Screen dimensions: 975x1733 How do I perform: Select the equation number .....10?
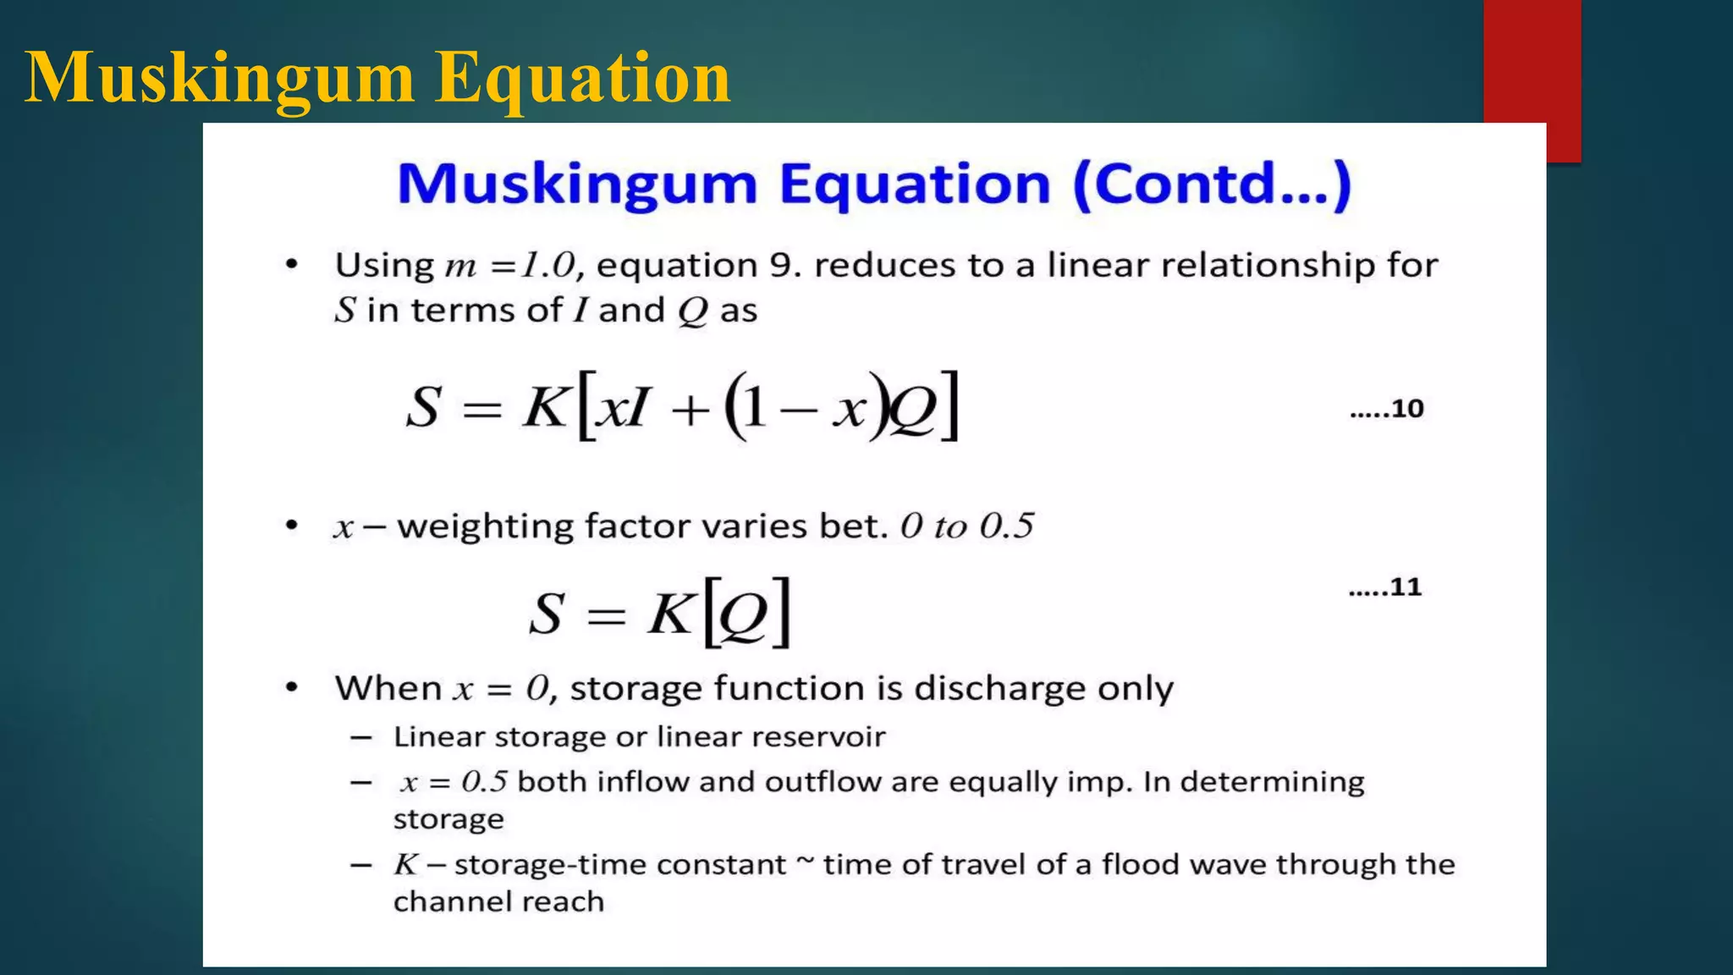(1387, 409)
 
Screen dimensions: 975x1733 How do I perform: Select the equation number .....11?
(1385, 587)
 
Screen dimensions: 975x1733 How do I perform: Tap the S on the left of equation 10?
(423, 408)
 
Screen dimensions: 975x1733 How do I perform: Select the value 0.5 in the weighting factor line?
(1007, 526)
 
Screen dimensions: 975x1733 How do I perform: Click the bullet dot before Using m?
(292, 265)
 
